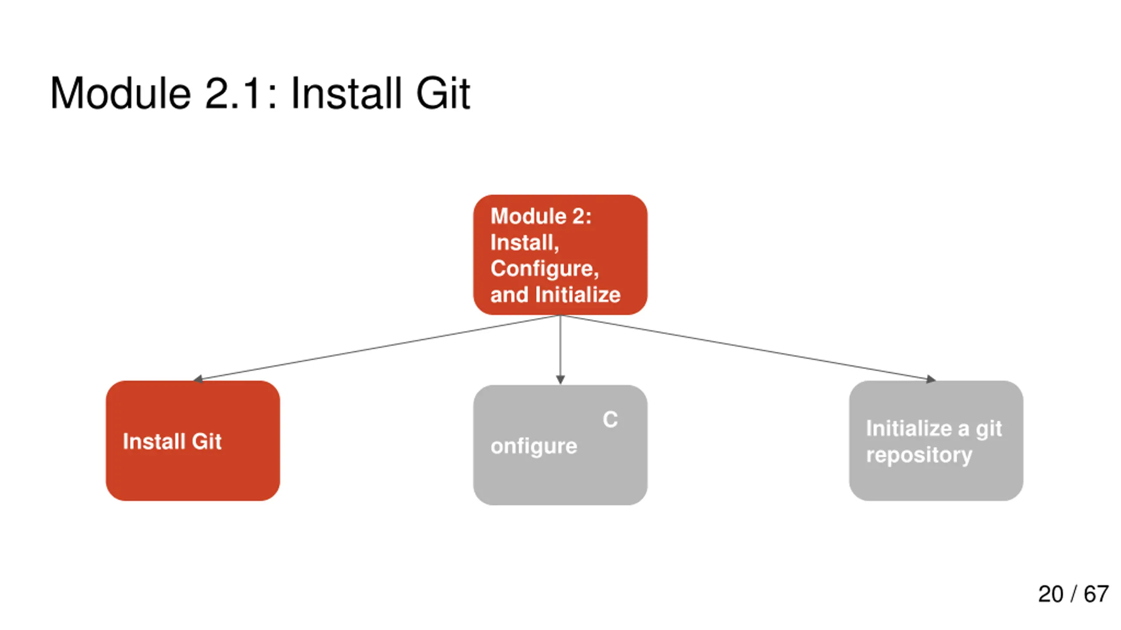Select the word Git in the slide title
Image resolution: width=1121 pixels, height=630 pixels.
[x=443, y=93]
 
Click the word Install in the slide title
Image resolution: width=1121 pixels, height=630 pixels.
[x=346, y=93]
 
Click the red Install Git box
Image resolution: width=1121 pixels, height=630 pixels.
[x=193, y=441]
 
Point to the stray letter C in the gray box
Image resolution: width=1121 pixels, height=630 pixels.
[x=610, y=420]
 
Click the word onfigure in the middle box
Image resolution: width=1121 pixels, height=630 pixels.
[x=534, y=447]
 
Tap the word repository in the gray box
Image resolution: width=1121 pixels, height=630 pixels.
[x=919, y=455]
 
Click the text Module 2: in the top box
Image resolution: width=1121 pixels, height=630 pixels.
[x=541, y=216]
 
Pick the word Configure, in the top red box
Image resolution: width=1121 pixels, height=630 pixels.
[x=544, y=269]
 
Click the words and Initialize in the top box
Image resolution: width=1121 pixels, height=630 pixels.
[x=555, y=294]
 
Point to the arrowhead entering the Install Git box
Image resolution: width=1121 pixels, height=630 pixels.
[x=198, y=379]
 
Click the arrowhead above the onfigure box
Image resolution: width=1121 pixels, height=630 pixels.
[x=560, y=380]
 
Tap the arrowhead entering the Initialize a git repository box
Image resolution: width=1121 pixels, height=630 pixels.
[x=931, y=379]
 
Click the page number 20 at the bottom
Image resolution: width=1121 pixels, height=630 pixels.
[x=1050, y=594]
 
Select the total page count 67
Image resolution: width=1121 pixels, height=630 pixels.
[x=1096, y=594]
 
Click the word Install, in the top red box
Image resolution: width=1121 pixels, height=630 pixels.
[x=525, y=242]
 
